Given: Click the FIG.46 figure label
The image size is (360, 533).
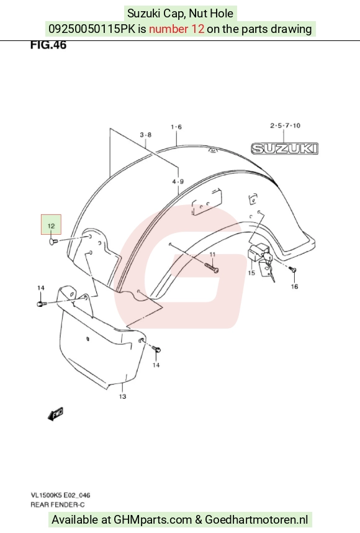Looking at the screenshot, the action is pyautogui.click(x=48, y=45).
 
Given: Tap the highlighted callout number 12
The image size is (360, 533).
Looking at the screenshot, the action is pyautogui.click(x=51, y=225).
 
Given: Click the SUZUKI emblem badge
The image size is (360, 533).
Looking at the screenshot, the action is pyautogui.click(x=285, y=148).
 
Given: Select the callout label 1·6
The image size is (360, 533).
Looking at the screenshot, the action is pyautogui.click(x=176, y=127).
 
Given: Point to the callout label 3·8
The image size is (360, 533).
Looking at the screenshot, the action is pyautogui.click(x=146, y=135).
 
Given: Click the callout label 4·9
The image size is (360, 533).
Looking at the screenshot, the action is pyautogui.click(x=178, y=181).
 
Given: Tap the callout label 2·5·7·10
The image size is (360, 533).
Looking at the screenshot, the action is pyautogui.click(x=286, y=125).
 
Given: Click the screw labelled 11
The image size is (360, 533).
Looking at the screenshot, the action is pyautogui.click(x=211, y=268).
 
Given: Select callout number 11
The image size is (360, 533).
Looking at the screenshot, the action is pyautogui.click(x=212, y=254).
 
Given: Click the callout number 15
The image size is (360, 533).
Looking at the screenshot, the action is pyautogui.click(x=251, y=273).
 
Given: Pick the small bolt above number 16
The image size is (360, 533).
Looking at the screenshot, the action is pyautogui.click(x=293, y=270).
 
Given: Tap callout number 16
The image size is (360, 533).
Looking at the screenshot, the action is pyautogui.click(x=294, y=286).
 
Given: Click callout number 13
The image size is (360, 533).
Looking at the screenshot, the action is pyautogui.click(x=123, y=396).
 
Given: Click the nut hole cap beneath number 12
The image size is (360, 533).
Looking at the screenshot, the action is pyautogui.click(x=53, y=242).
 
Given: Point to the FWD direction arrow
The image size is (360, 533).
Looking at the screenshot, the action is pyautogui.click(x=56, y=414).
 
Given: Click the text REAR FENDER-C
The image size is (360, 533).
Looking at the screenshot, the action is pyautogui.click(x=58, y=504).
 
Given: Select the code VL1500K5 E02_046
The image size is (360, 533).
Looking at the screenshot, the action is pyautogui.click(x=60, y=495).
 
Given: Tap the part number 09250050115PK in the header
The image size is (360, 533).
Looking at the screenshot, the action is pyautogui.click(x=92, y=29).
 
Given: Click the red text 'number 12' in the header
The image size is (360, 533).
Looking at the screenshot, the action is pyautogui.click(x=177, y=29).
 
